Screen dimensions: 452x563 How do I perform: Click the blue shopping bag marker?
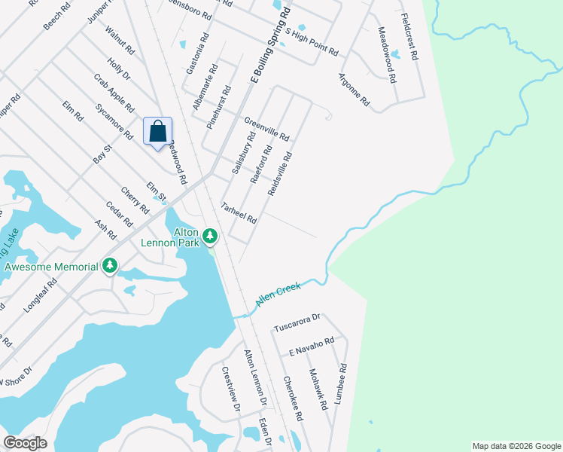[157, 132]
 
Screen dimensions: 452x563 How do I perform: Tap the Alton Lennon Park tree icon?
[211, 237]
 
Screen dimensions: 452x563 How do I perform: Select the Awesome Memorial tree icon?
[110, 265]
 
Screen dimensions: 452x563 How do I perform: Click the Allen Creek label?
[278, 293]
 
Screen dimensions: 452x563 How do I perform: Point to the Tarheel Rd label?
[239, 213]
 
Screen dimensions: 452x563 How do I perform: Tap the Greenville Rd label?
[266, 129]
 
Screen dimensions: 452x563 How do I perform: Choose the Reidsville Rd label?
[279, 173]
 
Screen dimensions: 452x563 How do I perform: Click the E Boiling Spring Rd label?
[270, 47]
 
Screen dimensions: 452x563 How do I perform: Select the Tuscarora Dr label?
[297, 322]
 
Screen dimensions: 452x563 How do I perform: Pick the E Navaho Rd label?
[311, 347]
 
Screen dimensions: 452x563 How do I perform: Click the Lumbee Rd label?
[342, 385]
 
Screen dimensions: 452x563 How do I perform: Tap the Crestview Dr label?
[230, 389]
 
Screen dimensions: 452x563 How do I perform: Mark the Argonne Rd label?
[354, 89]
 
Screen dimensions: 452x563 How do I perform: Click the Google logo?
[25, 443]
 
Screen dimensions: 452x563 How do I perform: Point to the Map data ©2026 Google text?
[516, 446]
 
